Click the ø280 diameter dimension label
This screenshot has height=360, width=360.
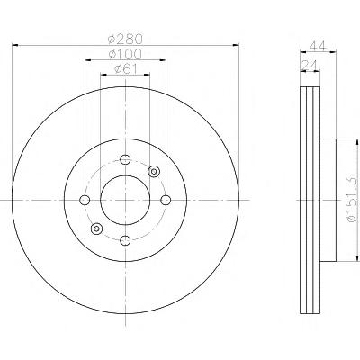(125, 39)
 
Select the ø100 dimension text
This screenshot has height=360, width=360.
(125, 54)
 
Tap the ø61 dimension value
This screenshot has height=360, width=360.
(125, 69)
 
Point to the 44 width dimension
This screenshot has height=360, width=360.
(318, 46)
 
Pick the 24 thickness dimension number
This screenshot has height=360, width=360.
(310, 65)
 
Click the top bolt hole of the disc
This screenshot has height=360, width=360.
(125, 159)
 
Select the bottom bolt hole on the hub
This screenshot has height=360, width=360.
(125, 240)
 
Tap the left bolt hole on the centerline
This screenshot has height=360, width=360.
(85, 200)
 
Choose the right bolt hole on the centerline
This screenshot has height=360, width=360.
(166, 200)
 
